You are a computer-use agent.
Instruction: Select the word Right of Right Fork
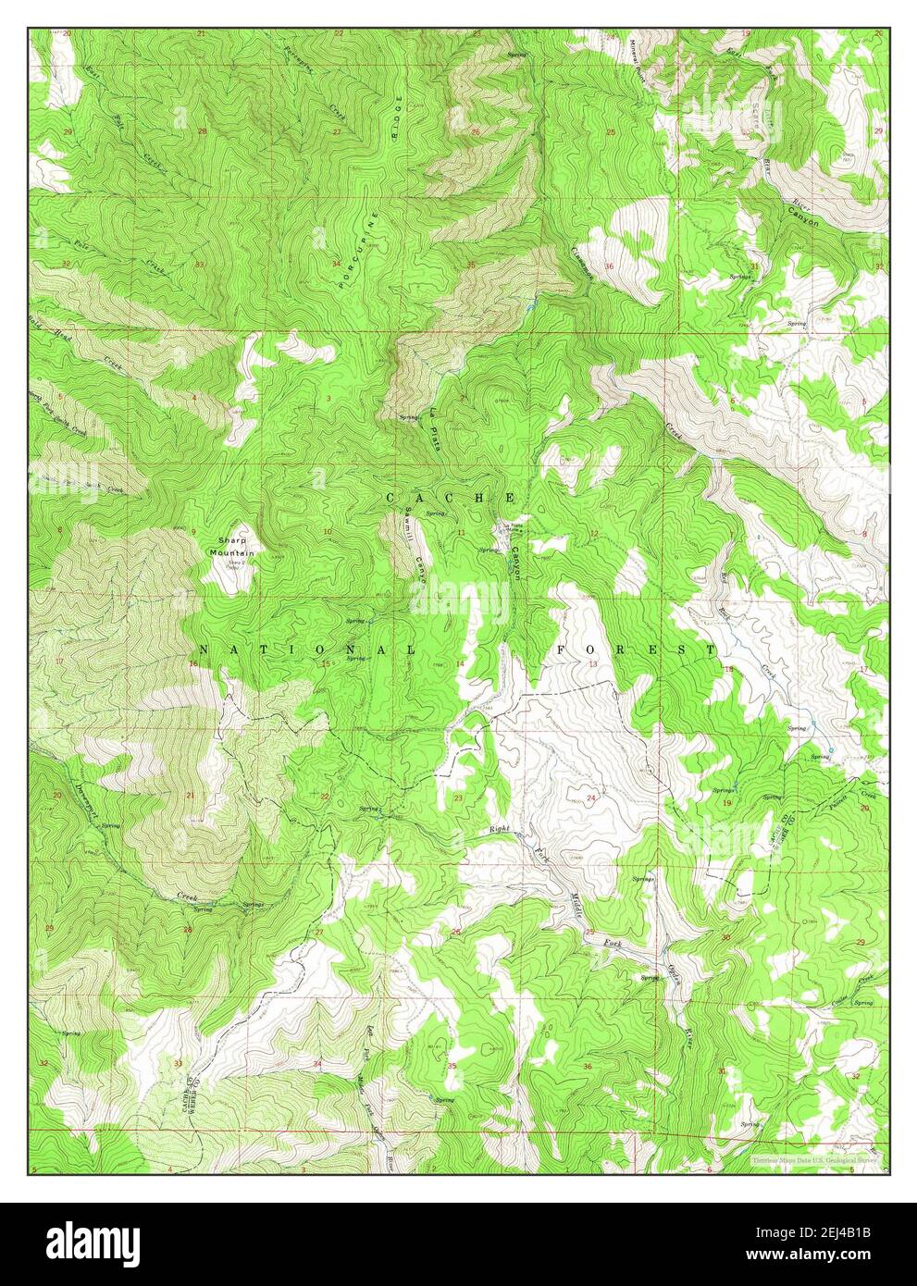click(x=501, y=830)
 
